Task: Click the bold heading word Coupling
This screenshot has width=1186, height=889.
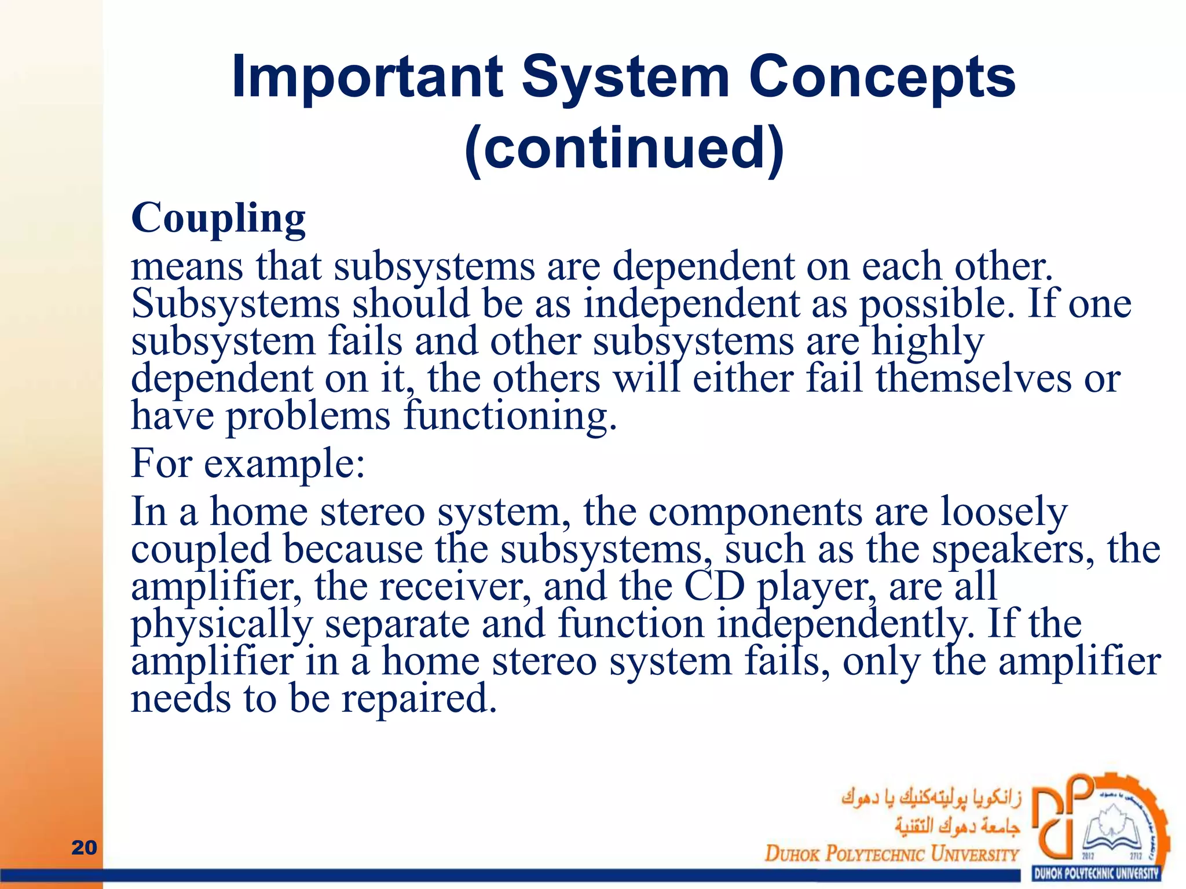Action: point(218,219)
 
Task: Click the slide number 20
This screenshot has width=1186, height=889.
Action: point(84,847)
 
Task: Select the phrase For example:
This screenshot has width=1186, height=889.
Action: point(248,464)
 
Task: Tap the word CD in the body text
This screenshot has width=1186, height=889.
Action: point(714,586)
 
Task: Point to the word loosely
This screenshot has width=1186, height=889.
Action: point(1004,512)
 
